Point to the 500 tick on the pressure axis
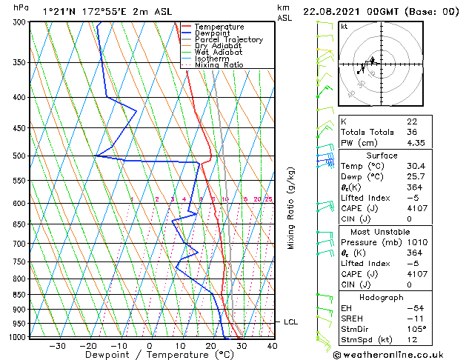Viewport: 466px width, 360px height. coord(19,156)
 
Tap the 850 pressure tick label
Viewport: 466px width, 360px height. coord(19,295)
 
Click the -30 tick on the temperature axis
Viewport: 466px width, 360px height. coord(57,345)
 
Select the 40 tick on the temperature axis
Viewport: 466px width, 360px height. coord(272,345)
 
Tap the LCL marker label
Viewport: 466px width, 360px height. coord(290,322)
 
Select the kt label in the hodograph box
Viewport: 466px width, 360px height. coord(344,26)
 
